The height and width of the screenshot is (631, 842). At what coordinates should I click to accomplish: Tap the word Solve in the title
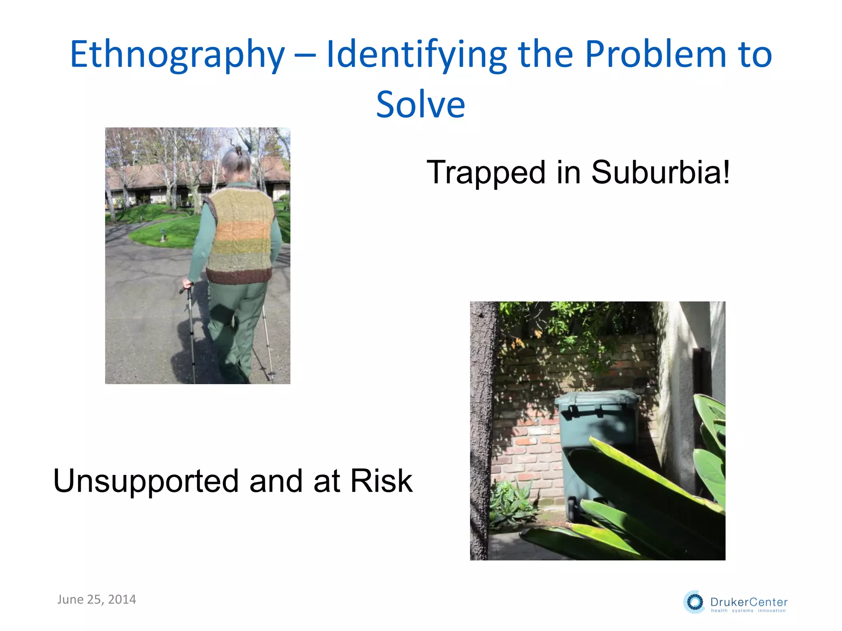click(420, 105)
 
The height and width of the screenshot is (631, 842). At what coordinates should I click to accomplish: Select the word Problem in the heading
click(656, 54)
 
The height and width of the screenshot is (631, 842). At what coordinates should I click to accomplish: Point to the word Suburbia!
click(660, 173)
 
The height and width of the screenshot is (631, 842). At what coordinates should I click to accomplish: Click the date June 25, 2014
click(97, 599)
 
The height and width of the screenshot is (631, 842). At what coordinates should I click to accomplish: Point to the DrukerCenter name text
click(749, 602)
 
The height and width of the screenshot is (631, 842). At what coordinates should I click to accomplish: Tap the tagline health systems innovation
click(748, 611)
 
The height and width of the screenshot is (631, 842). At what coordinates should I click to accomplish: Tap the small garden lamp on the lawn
click(163, 235)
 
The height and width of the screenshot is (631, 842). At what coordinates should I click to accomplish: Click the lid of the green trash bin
click(596, 398)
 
